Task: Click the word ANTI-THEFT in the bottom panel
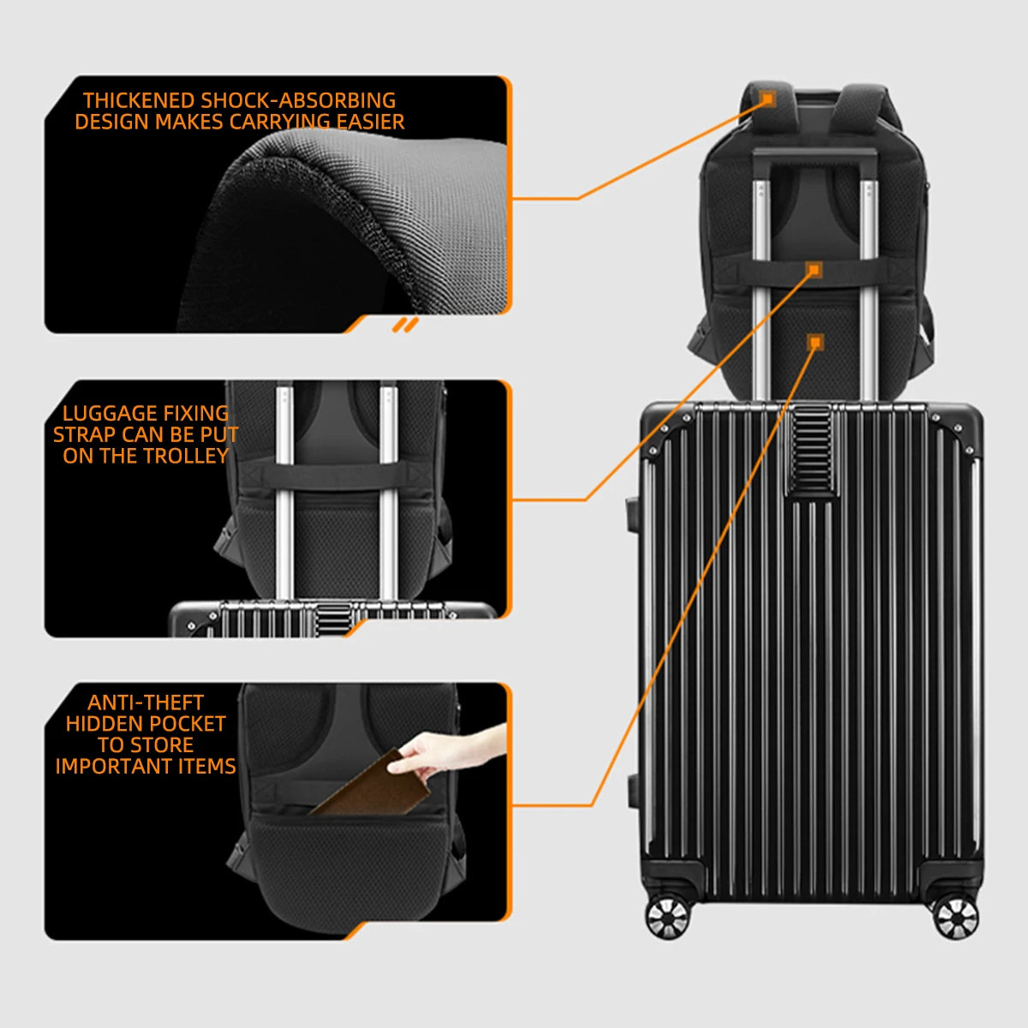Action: (x=146, y=702)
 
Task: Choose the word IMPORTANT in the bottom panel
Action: (x=114, y=766)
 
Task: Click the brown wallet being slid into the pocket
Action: (x=373, y=786)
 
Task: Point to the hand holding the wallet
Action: (x=448, y=750)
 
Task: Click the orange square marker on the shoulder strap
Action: (x=768, y=99)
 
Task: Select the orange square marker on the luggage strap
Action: (x=814, y=270)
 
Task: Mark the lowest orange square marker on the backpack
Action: (x=815, y=342)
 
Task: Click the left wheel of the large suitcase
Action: (x=668, y=917)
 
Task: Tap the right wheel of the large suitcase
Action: (x=957, y=917)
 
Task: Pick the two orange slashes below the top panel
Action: (x=405, y=325)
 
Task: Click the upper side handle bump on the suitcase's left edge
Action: (x=633, y=514)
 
